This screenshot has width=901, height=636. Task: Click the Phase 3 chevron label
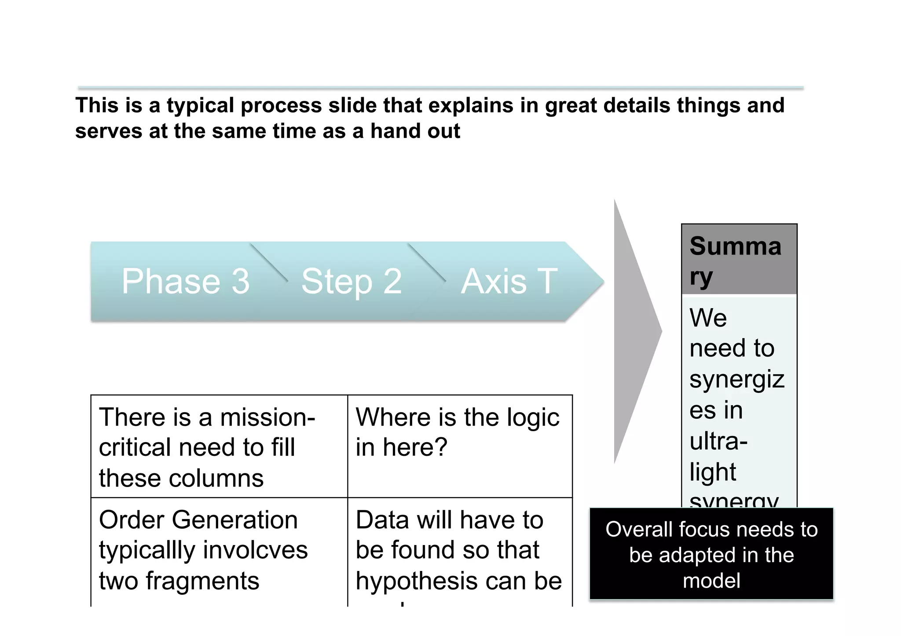click(x=185, y=281)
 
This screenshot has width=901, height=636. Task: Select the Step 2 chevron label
click(x=351, y=281)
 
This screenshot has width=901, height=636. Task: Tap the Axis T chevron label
click(x=509, y=281)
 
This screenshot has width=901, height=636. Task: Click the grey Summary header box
click(x=739, y=259)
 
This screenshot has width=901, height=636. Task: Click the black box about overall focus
click(x=711, y=554)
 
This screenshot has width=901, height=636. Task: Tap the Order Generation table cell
click(x=219, y=550)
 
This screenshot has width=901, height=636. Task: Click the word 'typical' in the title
click(x=200, y=106)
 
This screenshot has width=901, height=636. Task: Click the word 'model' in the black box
click(x=711, y=581)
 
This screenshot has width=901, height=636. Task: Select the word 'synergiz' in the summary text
click(x=737, y=379)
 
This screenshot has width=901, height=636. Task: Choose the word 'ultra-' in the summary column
click(x=718, y=441)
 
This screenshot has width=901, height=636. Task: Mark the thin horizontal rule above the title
click(x=440, y=88)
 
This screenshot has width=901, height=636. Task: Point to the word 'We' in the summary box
click(x=708, y=317)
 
